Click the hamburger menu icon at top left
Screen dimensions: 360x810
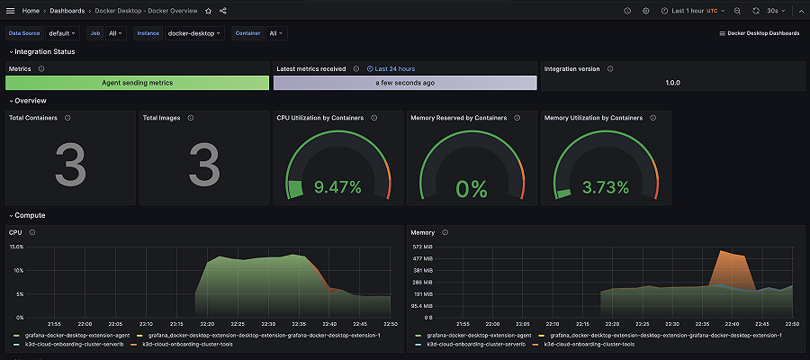pos(10,11)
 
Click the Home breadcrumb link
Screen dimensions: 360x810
pos(31,11)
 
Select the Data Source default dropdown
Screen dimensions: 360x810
pos(63,33)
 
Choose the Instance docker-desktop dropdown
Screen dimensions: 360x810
pos(194,33)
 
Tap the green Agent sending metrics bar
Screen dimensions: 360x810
pos(137,83)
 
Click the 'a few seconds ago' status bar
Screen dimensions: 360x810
pos(405,83)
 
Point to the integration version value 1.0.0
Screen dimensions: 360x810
pos(672,83)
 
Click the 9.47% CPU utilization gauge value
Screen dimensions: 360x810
pos(337,187)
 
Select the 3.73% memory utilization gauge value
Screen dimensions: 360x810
pos(605,187)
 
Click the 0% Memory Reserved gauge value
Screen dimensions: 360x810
pos(471,189)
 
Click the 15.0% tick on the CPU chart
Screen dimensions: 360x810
pos(15,247)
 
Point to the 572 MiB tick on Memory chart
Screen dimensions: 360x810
pos(422,247)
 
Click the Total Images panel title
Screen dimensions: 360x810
pos(162,118)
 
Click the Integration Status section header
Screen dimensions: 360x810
pos(45,51)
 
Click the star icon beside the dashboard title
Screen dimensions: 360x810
pos(209,11)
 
